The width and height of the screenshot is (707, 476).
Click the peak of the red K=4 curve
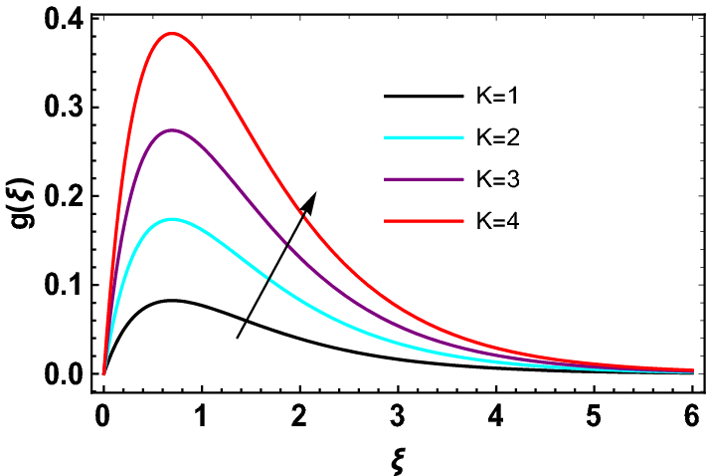[171, 33]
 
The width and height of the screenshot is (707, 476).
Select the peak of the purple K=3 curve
[171, 130]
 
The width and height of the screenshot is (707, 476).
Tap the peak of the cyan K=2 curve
[171, 219]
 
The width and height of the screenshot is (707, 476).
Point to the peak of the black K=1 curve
[171, 300]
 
